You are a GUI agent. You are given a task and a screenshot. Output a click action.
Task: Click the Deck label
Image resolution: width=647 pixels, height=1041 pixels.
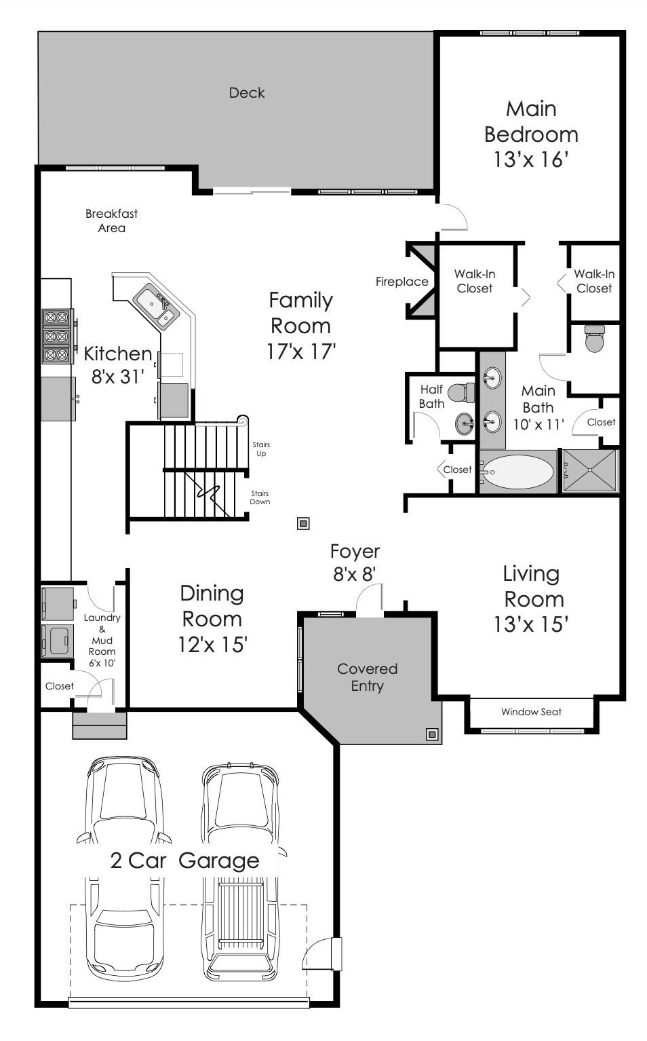point(246,93)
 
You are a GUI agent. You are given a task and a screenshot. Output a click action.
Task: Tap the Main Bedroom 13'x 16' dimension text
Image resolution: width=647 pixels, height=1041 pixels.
point(530,160)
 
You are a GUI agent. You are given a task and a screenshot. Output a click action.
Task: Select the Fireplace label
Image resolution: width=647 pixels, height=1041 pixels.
point(401,282)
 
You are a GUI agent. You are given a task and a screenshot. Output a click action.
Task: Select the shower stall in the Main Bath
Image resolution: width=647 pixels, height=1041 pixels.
point(591,470)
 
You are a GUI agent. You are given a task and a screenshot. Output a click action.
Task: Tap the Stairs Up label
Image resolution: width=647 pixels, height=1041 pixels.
point(261,449)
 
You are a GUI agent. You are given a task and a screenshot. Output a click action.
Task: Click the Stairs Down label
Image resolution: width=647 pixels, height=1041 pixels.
point(260,497)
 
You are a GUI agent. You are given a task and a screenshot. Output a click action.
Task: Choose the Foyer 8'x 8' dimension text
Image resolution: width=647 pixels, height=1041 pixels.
point(354,575)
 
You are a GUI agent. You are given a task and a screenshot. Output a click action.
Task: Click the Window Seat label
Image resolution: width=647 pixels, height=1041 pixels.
point(531,712)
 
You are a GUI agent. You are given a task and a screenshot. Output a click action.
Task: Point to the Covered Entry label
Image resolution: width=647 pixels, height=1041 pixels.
point(367,677)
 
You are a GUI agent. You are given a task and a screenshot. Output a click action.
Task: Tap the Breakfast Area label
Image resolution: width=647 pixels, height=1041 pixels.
point(111,221)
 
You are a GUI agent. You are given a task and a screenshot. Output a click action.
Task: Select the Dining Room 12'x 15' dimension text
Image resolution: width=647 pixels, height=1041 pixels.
point(212,644)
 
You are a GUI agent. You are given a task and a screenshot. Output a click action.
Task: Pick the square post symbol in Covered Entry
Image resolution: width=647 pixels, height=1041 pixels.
point(431,734)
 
